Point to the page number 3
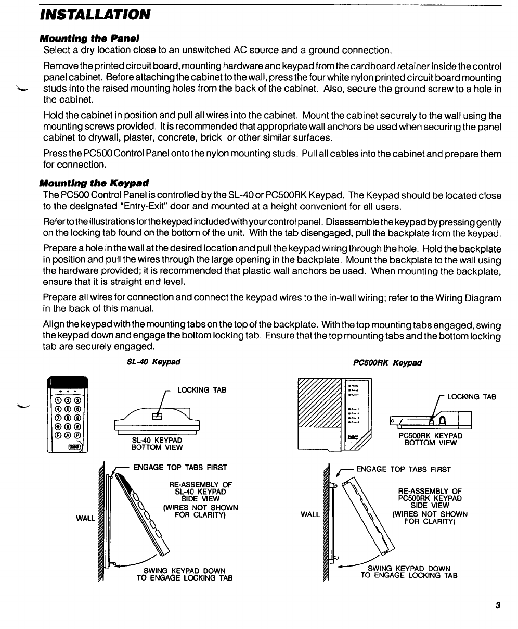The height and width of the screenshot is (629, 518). tap(498, 605)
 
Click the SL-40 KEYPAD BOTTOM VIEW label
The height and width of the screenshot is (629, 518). tap(157, 444)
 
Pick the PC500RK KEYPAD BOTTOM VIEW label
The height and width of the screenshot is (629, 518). tap(430, 439)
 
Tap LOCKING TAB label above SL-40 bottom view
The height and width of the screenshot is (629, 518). tap(202, 390)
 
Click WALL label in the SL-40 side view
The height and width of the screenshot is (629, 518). tap(85, 519)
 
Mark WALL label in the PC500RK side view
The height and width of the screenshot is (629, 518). tap(310, 514)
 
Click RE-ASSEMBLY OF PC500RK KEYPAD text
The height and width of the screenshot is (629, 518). tap(430, 495)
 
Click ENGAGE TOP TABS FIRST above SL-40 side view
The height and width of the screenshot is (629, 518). tap(180, 468)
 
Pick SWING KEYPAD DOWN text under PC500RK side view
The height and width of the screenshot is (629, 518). tap(409, 568)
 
